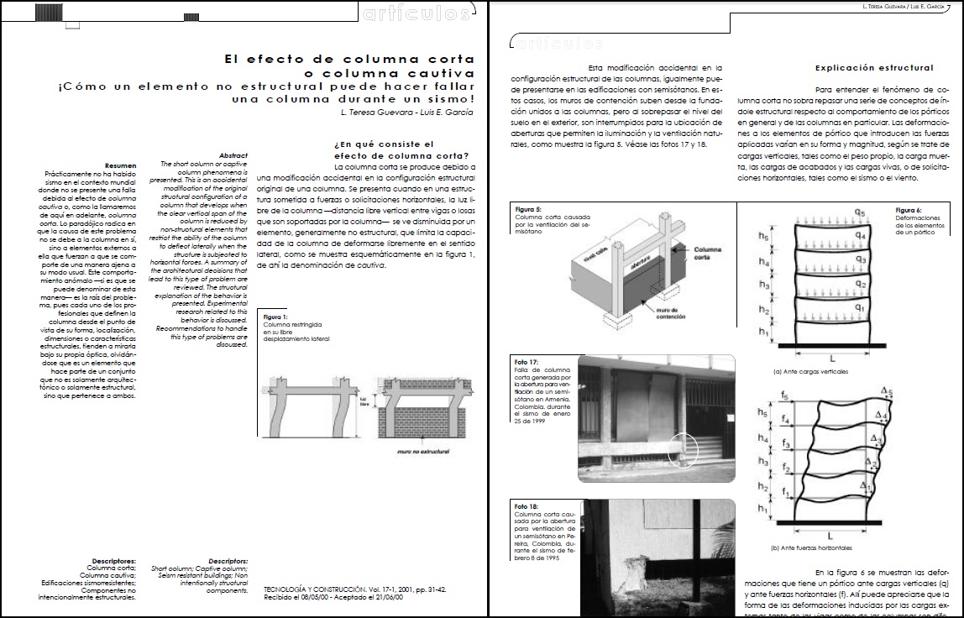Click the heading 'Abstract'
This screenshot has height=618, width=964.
pos(233,155)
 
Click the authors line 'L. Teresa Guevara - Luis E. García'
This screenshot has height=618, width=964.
pos(407,113)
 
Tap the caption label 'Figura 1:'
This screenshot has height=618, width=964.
pos(275,317)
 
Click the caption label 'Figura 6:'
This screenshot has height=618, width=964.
pos(909,210)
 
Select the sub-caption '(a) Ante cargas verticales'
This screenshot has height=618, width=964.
pos(810,370)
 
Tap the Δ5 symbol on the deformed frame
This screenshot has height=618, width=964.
pos(887,392)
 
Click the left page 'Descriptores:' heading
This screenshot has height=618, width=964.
pos(115,560)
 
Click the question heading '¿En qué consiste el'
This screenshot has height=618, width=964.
pos(373,144)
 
